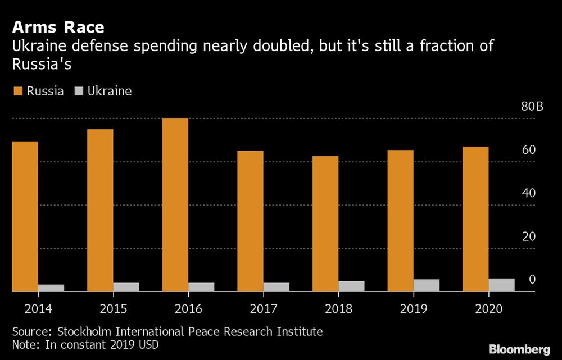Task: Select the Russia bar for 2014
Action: pyautogui.click(x=25, y=216)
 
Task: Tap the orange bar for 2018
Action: pyautogui.click(x=325, y=224)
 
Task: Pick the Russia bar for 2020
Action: pyautogui.click(x=475, y=219)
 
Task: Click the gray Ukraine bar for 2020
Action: pyautogui.click(x=501, y=285)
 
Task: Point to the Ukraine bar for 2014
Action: pyautogui.click(x=51, y=288)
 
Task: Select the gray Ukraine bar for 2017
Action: pyautogui.click(x=277, y=287)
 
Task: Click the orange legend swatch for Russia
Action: pyautogui.click(x=17, y=91)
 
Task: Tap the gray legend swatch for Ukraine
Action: pyautogui.click(x=79, y=91)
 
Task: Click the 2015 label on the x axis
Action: pyautogui.click(x=113, y=308)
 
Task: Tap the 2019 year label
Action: pyautogui.click(x=414, y=308)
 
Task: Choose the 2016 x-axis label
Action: pyautogui.click(x=188, y=308)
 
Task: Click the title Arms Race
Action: pyautogui.click(x=58, y=27)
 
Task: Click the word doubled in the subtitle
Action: pyautogui.click(x=281, y=46)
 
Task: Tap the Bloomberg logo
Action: pyautogui.click(x=519, y=349)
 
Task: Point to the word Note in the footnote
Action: pyautogui.click(x=24, y=343)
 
